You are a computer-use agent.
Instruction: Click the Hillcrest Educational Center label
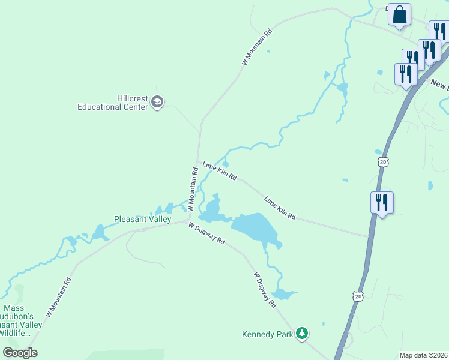tap(112, 103)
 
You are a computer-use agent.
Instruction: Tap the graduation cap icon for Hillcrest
tap(157, 102)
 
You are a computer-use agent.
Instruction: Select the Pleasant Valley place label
tap(143, 220)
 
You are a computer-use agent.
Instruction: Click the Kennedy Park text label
tap(267, 334)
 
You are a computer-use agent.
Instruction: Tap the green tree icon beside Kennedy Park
tap(303, 333)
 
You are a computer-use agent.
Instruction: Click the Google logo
tap(20, 353)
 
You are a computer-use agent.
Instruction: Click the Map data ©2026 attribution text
tap(423, 355)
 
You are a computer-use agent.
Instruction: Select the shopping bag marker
tap(399, 14)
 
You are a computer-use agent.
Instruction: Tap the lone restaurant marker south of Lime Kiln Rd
tap(382, 203)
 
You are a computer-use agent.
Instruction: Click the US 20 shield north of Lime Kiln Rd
tap(383, 161)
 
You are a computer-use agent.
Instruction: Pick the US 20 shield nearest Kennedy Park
tap(358, 296)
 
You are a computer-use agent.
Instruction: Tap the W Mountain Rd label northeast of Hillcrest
tap(256, 46)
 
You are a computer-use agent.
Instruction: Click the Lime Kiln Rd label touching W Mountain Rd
tap(219, 171)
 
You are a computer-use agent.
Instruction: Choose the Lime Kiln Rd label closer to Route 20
tap(280, 207)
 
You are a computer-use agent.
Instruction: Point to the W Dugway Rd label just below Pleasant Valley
tap(206, 233)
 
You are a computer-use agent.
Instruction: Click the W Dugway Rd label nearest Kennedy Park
tap(264, 290)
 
